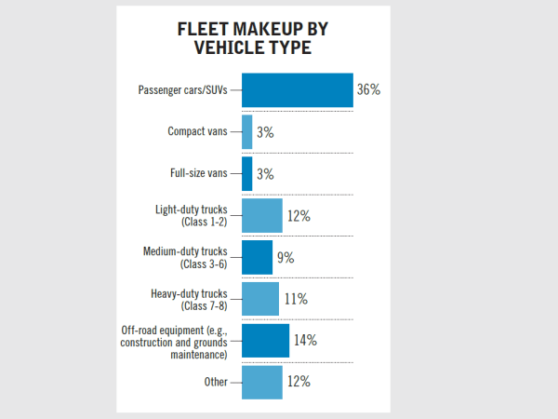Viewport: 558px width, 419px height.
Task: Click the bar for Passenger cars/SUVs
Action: click(298, 90)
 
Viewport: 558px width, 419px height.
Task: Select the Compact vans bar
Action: click(247, 132)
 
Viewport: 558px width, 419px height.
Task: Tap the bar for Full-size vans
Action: click(247, 174)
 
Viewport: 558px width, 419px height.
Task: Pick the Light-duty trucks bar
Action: click(261, 216)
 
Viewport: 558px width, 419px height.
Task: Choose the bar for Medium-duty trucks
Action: click(257, 257)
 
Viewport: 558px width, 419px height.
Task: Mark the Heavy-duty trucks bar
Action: click(260, 299)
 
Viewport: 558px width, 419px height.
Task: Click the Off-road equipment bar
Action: click(265, 340)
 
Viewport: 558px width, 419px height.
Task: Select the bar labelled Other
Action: click(261, 381)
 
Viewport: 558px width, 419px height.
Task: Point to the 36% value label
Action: click(368, 90)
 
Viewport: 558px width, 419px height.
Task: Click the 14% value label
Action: click(304, 341)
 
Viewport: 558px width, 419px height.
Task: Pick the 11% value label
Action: click(296, 300)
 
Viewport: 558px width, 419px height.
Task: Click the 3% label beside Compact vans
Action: click(265, 133)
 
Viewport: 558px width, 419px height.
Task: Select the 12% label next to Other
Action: click(299, 382)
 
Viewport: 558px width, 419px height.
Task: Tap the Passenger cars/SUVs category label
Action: click(182, 90)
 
